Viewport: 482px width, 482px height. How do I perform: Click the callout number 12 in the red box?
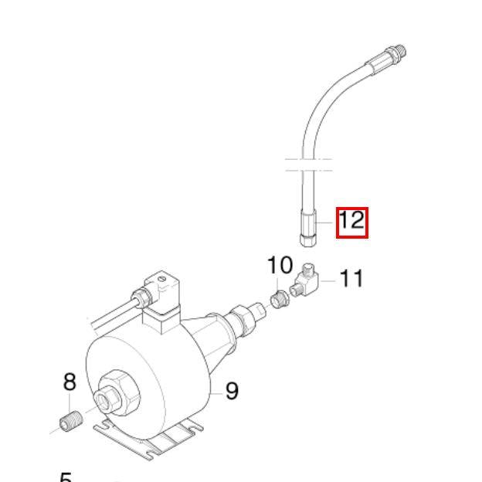pyautogui.click(x=351, y=222)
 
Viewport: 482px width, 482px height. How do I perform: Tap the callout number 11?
pyautogui.click(x=351, y=278)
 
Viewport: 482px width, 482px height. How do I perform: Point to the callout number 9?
pyautogui.click(x=231, y=392)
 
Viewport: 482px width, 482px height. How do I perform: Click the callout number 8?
pyautogui.click(x=70, y=382)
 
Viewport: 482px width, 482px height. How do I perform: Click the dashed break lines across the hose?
pyautogui.click(x=309, y=165)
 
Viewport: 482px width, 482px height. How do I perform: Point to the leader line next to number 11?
pyautogui.click(x=328, y=280)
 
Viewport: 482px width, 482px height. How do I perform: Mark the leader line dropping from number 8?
pyautogui.click(x=70, y=404)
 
